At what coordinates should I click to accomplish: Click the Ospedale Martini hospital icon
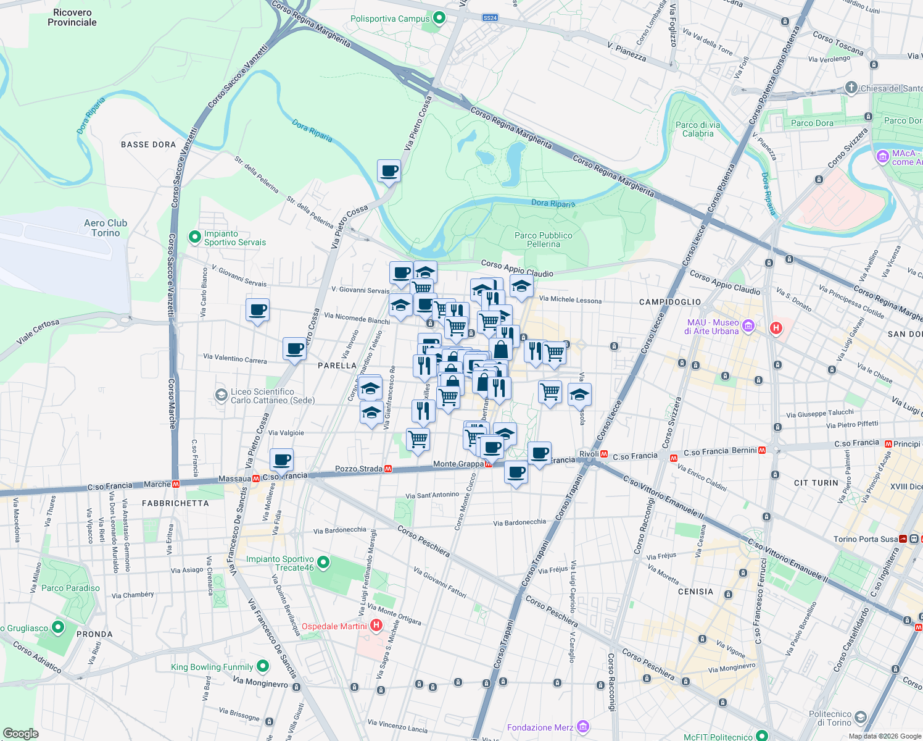click(376, 626)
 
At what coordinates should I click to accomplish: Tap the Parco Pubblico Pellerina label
click(543, 240)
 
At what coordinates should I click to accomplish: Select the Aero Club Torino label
click(106, 228)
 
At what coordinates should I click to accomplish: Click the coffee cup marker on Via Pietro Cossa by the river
click(389, 170)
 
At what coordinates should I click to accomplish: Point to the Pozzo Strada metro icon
click(388, 469)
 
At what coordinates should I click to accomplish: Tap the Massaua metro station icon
click(255, 478)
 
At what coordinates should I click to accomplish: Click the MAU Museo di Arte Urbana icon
click(748, 325)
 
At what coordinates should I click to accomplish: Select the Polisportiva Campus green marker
click(439, 18)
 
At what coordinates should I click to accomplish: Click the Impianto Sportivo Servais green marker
click(195, 237)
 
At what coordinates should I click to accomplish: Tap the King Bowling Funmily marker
click(263, 666)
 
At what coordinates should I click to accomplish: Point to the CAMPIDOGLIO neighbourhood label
click(670, 302)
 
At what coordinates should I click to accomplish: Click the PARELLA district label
click(337, 366)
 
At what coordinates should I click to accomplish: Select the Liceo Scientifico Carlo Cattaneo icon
click(221, 395)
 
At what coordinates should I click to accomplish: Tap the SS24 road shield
click(490, 18)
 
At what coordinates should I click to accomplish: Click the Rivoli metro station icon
click(605, 454)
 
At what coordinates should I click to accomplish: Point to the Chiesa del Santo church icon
click(851, 87)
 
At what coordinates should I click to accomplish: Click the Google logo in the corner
click(20, 734)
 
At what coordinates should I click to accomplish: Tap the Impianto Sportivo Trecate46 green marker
click(323, 563)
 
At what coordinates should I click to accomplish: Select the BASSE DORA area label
click(148, 144)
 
